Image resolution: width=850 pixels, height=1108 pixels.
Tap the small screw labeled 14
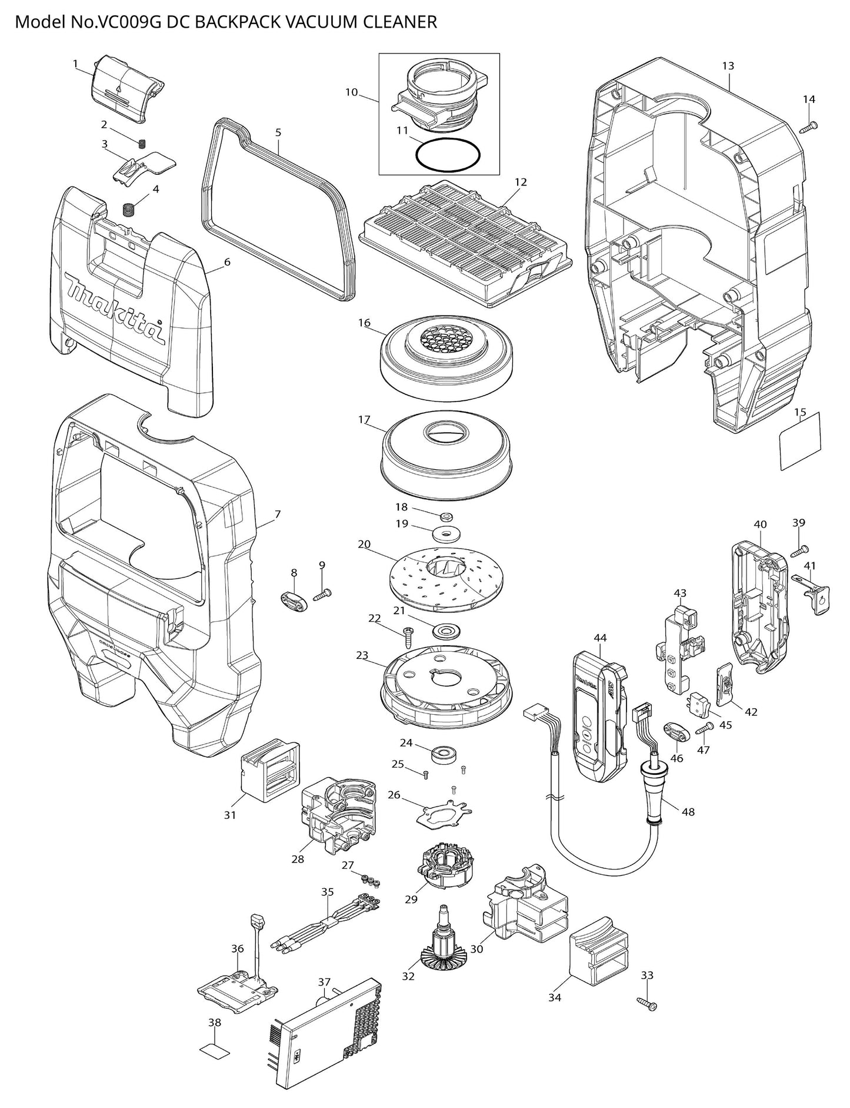coord(811,125)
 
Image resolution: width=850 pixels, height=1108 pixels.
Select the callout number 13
coord(728,66)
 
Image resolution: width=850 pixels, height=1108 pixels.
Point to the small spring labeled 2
coord(141,143)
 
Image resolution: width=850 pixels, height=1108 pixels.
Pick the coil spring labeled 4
coord(129,209)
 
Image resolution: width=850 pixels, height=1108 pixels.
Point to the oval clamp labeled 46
coord(676,734)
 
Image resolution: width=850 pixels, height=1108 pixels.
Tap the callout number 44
coord(600,638)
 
